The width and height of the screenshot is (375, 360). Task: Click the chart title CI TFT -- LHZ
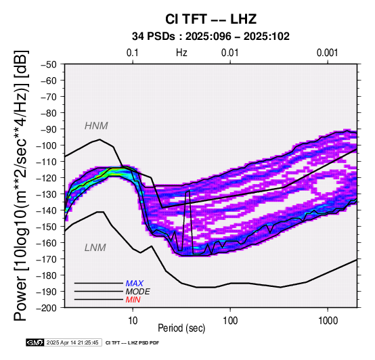tap(211, 19)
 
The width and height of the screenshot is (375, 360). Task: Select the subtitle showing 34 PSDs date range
tap(211, 37)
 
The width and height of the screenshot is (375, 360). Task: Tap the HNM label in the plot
tap(96, 126)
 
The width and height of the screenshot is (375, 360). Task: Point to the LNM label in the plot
tap(95, 248)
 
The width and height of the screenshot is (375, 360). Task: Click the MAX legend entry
tap(135, 284)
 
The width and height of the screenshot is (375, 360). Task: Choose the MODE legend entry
tap(138, 292)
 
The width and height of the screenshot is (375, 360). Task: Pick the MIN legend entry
tap(133, 300)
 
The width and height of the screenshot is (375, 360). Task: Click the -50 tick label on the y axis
tap(49, 64)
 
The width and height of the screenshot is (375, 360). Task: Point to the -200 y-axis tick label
tap(47, 308)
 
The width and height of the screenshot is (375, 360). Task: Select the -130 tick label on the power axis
tap(47, 194)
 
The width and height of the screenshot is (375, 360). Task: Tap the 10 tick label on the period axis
tap(133, 321)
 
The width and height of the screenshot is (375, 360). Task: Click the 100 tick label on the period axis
tap(230, 321)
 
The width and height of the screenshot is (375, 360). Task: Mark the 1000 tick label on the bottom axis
tap(328, 321)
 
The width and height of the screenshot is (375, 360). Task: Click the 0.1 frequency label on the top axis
tap(133, 53)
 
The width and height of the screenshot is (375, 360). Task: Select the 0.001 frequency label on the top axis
tap(328, 53)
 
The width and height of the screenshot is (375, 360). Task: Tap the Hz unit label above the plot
tap(181, 53)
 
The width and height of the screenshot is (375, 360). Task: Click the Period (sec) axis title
tap(181, 328)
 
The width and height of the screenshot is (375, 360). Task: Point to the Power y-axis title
tap(20, 185)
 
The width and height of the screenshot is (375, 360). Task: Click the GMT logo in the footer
tap(35, 342)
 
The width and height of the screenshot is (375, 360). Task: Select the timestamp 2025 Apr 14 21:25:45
tap(72, 342)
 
